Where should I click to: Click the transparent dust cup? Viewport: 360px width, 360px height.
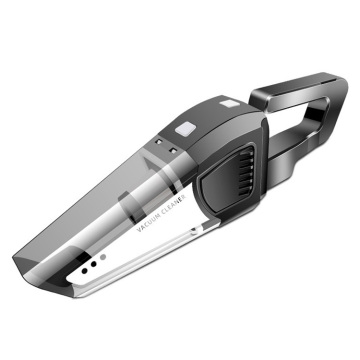(120, 200)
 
